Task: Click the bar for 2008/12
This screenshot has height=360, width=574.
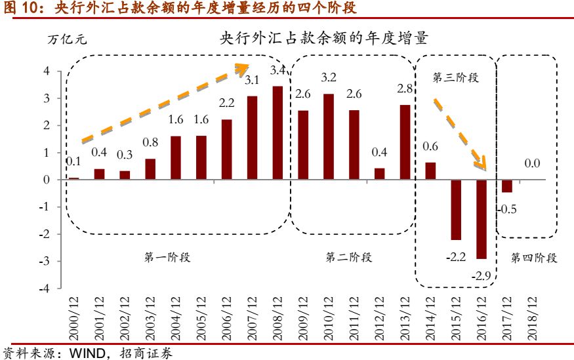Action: click(x=277, y=133)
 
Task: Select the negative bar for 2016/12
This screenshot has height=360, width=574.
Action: click(x=482, y=219)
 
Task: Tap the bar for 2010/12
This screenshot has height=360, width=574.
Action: click(x=329, y=137)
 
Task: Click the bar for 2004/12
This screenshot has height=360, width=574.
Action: click(x=176, y=158)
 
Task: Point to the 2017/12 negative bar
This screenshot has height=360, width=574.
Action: click(x=507, y=186)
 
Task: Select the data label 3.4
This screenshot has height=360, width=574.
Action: click(x=278, y=70)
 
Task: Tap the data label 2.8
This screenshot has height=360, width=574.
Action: click(x=405, y=89)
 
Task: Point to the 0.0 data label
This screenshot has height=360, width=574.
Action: click(x=532, y=164)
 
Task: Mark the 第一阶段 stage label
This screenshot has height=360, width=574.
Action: click(x=167, y=257)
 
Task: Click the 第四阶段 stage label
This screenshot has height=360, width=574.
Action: click(x=534, y=258)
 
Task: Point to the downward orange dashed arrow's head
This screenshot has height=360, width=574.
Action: click(x=483, y=166)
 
